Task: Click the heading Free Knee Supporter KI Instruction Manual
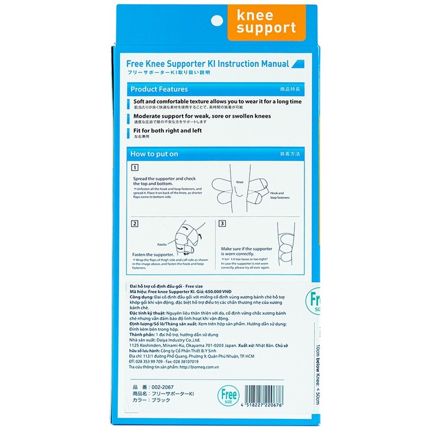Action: tap(208, 64)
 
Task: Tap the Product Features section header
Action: tap(159, 89)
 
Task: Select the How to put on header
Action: tap(154, 154)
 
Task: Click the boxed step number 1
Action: tap(134, 167)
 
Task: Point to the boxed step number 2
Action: tap(134, 224)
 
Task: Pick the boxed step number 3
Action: tap(222, 224)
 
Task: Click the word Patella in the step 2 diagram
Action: tap(148, 244)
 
